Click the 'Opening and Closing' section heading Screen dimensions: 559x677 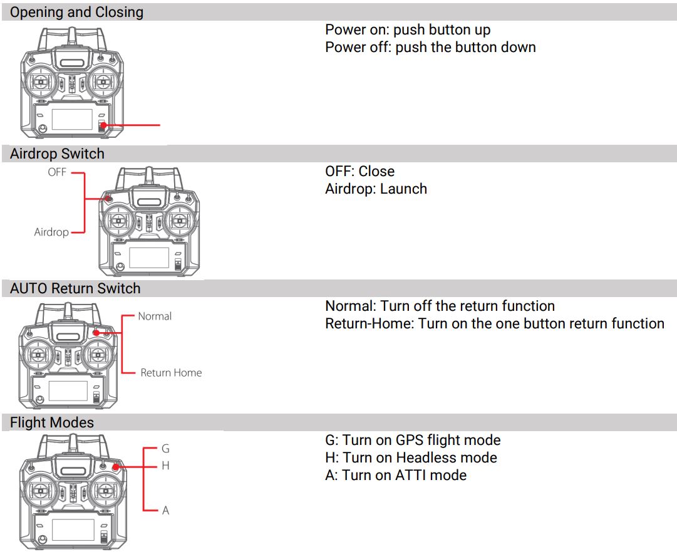click(x=76, y=12)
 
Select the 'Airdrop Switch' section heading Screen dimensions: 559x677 click(x=57, y=154)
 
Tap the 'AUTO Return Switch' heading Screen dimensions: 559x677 click(x=75, y=288)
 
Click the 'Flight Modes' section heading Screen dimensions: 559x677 click(x=52, y=422)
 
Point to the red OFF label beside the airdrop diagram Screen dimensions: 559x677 click(x=57, y=172)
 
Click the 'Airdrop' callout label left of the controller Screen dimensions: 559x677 click(x=51, y=232)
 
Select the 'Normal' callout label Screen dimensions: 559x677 click(x=155, y=316)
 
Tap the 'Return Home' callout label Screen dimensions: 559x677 click(x=171, y=373)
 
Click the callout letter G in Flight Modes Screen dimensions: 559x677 click(x=165, y=449)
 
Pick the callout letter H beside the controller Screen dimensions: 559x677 click(x=165, y=466)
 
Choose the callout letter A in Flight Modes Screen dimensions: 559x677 click(x=165, y=510)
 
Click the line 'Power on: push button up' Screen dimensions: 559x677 click(x=408, y=30)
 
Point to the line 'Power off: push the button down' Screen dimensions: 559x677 click(x=430, y=47)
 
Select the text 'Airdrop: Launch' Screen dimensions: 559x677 click(x=376, y=189)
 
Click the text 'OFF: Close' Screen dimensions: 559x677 click(x=359, y=171)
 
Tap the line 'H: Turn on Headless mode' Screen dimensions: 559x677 click(x=411, y=457)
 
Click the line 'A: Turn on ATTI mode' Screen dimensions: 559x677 click(x=396, y=475)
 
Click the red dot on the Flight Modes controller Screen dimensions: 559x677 click(x=116, y=466)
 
